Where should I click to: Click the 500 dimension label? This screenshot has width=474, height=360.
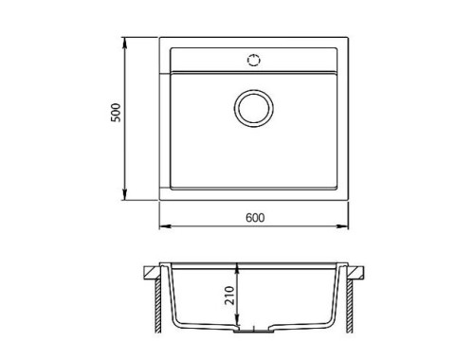tap(116, 113)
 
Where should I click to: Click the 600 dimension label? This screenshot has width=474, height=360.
tap(255, 218)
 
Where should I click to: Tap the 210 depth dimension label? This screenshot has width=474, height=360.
tap(229, 296)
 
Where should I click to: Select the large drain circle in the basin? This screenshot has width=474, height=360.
tap(254, 108)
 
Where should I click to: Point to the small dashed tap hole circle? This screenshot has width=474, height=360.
tap(254, 60)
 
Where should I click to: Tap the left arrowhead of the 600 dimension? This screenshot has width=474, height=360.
tap(165, 226)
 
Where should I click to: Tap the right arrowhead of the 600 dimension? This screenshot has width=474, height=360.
tap(342, 226)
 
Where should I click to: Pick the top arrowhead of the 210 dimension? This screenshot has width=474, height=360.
tap(238, 269)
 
